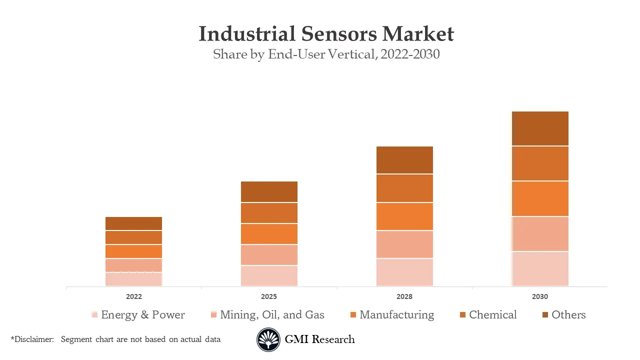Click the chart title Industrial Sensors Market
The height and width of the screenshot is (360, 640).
click(x=326, y=34)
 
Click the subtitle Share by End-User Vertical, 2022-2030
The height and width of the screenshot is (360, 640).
click(x=326, y=54)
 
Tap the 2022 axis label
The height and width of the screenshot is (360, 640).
click(x=133, y=296)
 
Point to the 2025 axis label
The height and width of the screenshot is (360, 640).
click(x=269, y=296)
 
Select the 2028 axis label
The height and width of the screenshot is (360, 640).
click(x=404, y=296)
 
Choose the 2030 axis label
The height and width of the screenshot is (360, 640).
click(x=540, y=296)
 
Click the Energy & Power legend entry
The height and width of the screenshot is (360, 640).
click(x=142, y=315)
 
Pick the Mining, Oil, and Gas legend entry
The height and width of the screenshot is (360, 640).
click(x=272, y=315)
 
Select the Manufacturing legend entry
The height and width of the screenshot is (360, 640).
click(x=396, y=315)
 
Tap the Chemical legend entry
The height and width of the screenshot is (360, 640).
click(x=492, y=315)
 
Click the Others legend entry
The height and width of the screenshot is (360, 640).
click(x=568, y=315)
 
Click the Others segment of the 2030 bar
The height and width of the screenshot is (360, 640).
click(x=540, y=128)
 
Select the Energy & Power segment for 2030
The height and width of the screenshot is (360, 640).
click(x=540, y=268)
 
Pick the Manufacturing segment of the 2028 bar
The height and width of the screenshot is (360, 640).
click(x=404, y=216)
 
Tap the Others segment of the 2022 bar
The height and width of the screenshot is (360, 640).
click(x=133, y=223)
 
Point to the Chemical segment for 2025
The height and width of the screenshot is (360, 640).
click(x=269, y=213)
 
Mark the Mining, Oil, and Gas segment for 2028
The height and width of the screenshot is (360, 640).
click(x=404, y=244)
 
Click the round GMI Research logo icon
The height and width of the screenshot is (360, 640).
click(x=268, y=340)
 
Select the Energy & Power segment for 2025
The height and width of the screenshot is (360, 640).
click(x=269, y=275)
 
